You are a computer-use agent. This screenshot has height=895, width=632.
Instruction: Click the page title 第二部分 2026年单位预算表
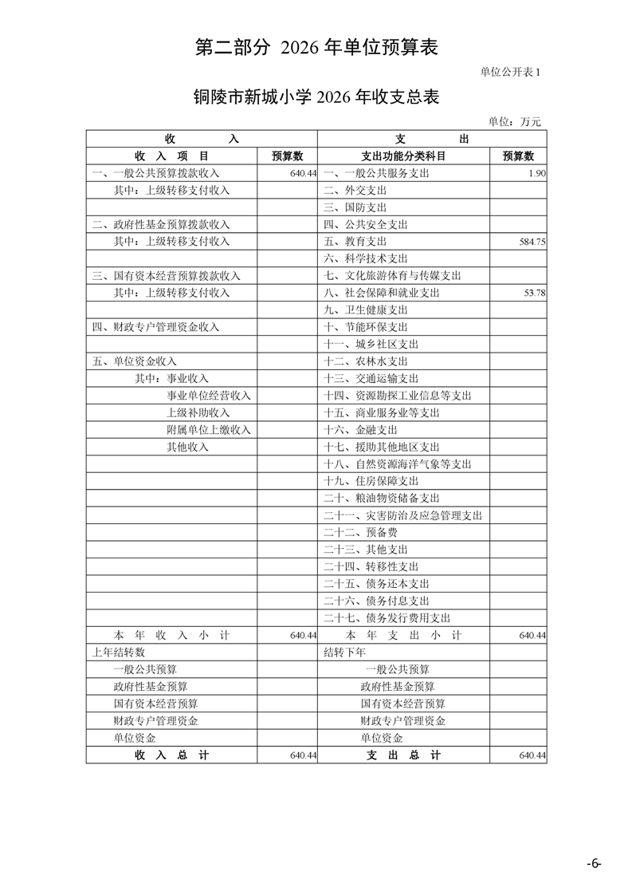point(316,47)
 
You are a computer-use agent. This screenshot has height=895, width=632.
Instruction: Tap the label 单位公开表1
point(510,72)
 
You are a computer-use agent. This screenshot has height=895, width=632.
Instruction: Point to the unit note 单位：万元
point(514,121)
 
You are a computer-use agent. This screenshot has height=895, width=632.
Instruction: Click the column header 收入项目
point(171,156)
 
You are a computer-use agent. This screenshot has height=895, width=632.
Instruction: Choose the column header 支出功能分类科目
point(403,156)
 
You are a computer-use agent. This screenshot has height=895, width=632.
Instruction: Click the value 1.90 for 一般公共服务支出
point(536,173)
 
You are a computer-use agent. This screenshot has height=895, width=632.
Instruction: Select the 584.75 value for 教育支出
point(532,242)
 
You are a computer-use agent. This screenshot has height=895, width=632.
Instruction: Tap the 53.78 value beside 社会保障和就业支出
point(534,293)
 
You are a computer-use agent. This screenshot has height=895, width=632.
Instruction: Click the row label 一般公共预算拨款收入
point(155,173)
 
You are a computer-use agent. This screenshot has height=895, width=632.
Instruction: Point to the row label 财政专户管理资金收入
point(155,327)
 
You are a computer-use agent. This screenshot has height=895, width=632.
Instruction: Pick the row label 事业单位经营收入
point(208,396)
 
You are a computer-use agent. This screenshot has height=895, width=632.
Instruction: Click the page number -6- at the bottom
point(594,864)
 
